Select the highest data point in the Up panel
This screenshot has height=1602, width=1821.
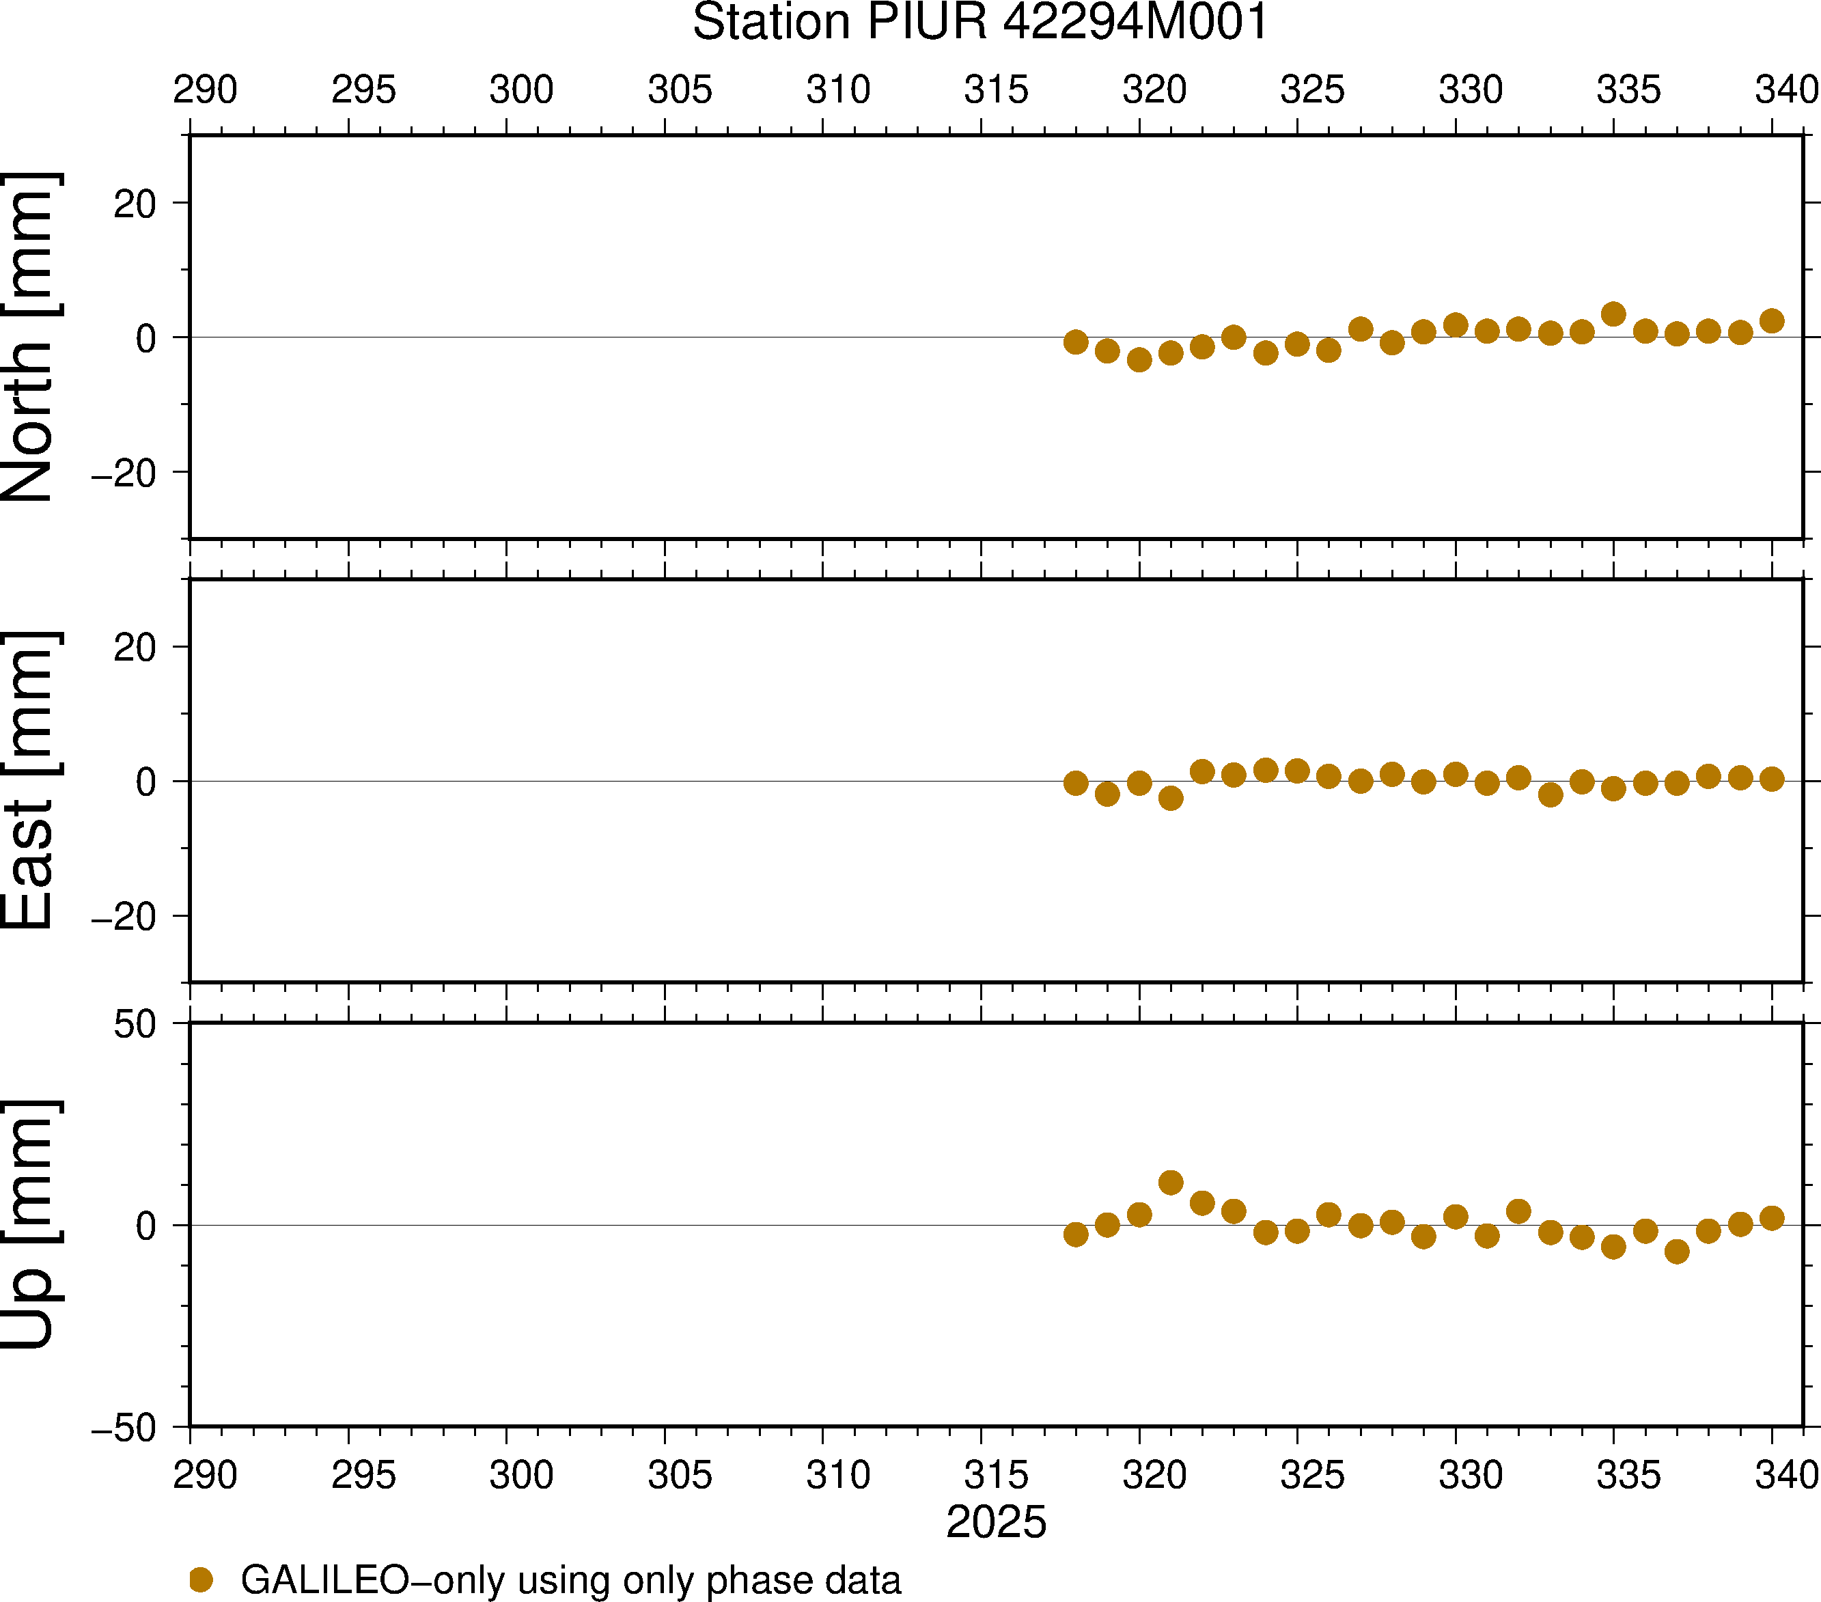tap(1171, 1183)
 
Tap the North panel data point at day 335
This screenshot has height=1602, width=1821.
tap(1613, 314)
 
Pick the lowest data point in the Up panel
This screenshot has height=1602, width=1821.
tap(1677, 1252)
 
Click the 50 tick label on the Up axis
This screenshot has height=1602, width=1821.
tap(135, 1025)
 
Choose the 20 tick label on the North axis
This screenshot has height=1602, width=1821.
tap(135, 205)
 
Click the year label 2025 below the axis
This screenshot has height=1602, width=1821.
tap(996, 1523)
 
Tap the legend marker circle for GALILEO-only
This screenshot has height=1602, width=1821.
tap(201, 1579)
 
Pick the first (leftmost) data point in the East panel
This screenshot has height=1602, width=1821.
tap(1075, 783)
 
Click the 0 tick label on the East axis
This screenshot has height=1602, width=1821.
tap(146, 782)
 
